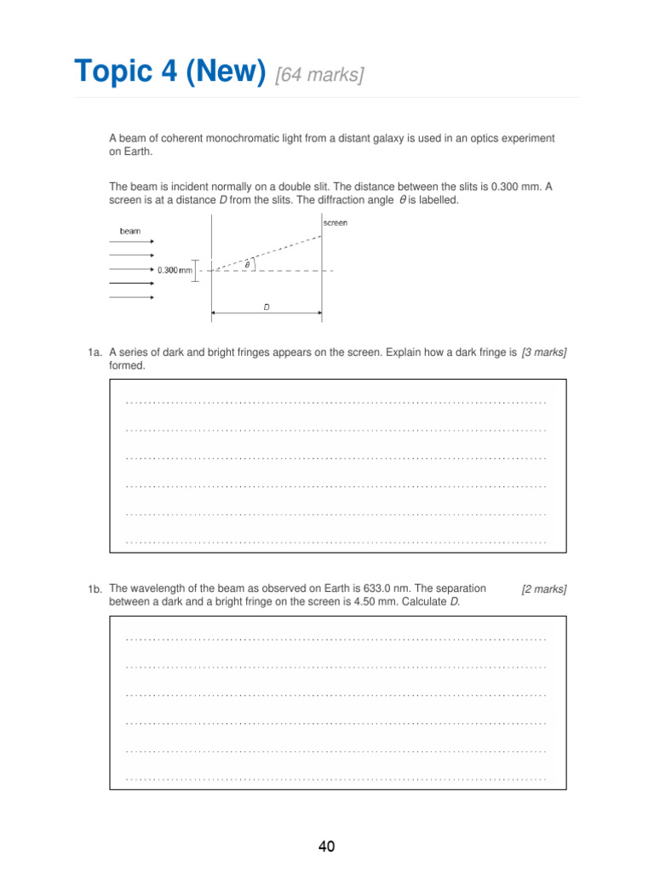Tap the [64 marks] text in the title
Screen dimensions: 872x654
pos(319,76)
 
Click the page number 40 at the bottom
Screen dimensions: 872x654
pos(326,846)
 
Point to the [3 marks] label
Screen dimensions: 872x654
pos(544,352)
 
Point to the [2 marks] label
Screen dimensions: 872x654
pos(544,589)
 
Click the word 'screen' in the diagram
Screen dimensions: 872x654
pos(336,223)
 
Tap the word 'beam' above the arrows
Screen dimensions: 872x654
pos(130,231)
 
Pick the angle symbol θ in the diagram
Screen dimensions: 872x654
pos(248,265)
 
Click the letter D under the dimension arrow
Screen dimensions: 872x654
pos(267,308)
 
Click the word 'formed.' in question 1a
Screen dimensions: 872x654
pos(128,365)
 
